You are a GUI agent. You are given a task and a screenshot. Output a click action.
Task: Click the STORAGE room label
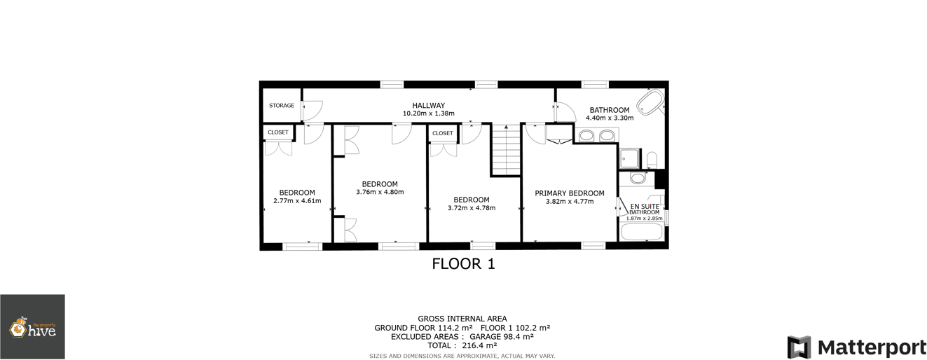pos(282,106)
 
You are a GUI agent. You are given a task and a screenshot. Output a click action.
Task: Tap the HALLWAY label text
pos(428,106)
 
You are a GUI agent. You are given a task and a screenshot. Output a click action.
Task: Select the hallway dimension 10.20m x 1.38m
pos(428,113)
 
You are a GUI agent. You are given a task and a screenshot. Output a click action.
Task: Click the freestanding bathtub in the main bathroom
pos(654,102)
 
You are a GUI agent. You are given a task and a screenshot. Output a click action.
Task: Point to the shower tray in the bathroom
pos(629,158)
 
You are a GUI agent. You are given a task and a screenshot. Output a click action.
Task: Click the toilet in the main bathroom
pos(651,160)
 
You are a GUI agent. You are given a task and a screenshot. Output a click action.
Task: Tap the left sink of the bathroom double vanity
pos(586,135)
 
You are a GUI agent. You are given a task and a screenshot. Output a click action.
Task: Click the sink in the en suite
pos(638,179)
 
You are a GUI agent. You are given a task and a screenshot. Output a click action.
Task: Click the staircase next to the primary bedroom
pos(506,149)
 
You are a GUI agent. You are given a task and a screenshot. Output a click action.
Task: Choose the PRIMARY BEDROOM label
pos(569,193)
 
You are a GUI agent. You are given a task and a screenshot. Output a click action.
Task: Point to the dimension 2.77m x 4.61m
pos(297,201)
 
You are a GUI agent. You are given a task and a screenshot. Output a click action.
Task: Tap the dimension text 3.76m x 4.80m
pos(380,192)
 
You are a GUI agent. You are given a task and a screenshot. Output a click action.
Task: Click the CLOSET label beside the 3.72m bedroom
pos(442,133)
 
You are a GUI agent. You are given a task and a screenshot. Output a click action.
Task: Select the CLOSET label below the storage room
pos(277,132)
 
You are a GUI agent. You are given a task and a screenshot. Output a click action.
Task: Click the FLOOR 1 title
pos(463,264)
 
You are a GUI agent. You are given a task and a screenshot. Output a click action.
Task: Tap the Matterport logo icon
pos(799,347)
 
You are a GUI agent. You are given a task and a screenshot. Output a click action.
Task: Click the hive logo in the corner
pos(32,327)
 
